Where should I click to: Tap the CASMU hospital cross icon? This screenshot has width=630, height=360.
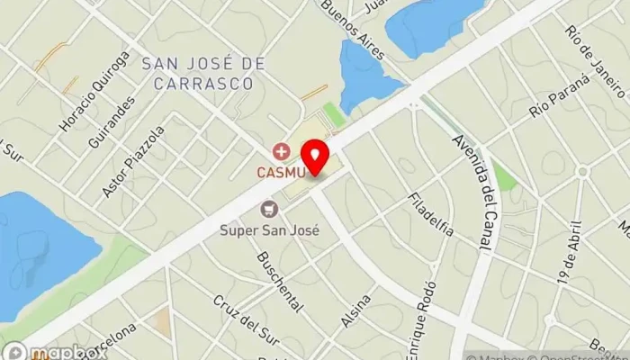point(282,150)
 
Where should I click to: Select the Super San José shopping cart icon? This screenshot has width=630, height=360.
point(267,210)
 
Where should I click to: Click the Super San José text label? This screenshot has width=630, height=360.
point(270,229)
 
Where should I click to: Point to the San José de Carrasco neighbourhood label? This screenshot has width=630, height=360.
point(203,73)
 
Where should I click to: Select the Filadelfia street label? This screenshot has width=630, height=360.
point(430,215)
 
